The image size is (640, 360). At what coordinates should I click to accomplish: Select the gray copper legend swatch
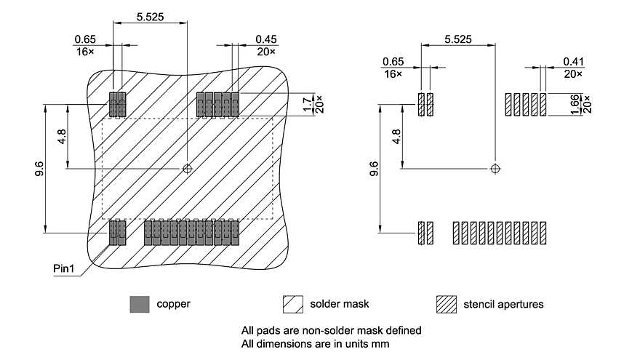click(x=139, y=304)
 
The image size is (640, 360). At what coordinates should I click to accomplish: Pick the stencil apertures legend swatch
click(x=446, y=304)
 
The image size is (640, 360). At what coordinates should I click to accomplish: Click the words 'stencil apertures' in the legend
click(x=503, y=304)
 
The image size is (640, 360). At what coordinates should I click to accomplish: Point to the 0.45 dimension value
click(x=265, y=39)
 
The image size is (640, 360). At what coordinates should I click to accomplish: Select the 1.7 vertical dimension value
click(x=306, y=105)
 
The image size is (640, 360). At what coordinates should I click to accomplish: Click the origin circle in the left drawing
click(x=188, y=169)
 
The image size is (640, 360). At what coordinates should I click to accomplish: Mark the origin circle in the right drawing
click(x=495, y=169)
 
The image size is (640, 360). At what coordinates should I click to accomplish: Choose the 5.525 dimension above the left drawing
click(x=150, y=15)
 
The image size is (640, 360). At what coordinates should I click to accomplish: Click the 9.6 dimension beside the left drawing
click(x=39, y=169)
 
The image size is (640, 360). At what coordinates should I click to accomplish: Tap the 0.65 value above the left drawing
click(x=84, y=39)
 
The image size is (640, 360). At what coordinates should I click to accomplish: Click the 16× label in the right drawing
click(x=393, y=74)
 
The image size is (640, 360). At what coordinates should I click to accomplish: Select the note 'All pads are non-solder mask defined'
click(x=331, y=330)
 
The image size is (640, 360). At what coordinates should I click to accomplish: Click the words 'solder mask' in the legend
click(x=335, y=304)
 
